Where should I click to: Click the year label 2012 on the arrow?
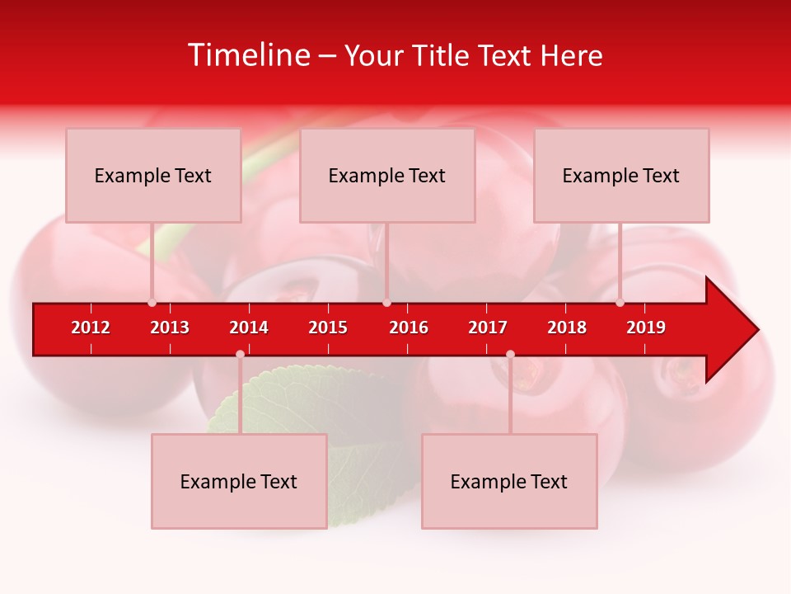[91, 328]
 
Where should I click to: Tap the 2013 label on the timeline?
[170, 328]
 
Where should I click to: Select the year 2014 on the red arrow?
[249, 328]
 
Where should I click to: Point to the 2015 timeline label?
[328, 328]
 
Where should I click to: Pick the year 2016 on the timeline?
[409, 328]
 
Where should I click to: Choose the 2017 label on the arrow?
[488, 328]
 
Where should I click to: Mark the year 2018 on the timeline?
[567, 328]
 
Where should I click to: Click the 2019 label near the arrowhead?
[646, 328]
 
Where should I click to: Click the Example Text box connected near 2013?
[153, 175]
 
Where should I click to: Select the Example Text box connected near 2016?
[387, 175]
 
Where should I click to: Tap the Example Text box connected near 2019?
[621, 175]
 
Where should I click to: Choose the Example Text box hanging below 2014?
[239, 481]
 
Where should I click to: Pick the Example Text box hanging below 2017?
[509, 481]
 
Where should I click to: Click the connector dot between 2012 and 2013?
[152, 303]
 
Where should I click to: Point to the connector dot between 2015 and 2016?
[386, 303]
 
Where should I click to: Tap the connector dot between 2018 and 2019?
[620, 303]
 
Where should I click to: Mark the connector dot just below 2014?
[240, 354]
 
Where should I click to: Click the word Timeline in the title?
[248, 55]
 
